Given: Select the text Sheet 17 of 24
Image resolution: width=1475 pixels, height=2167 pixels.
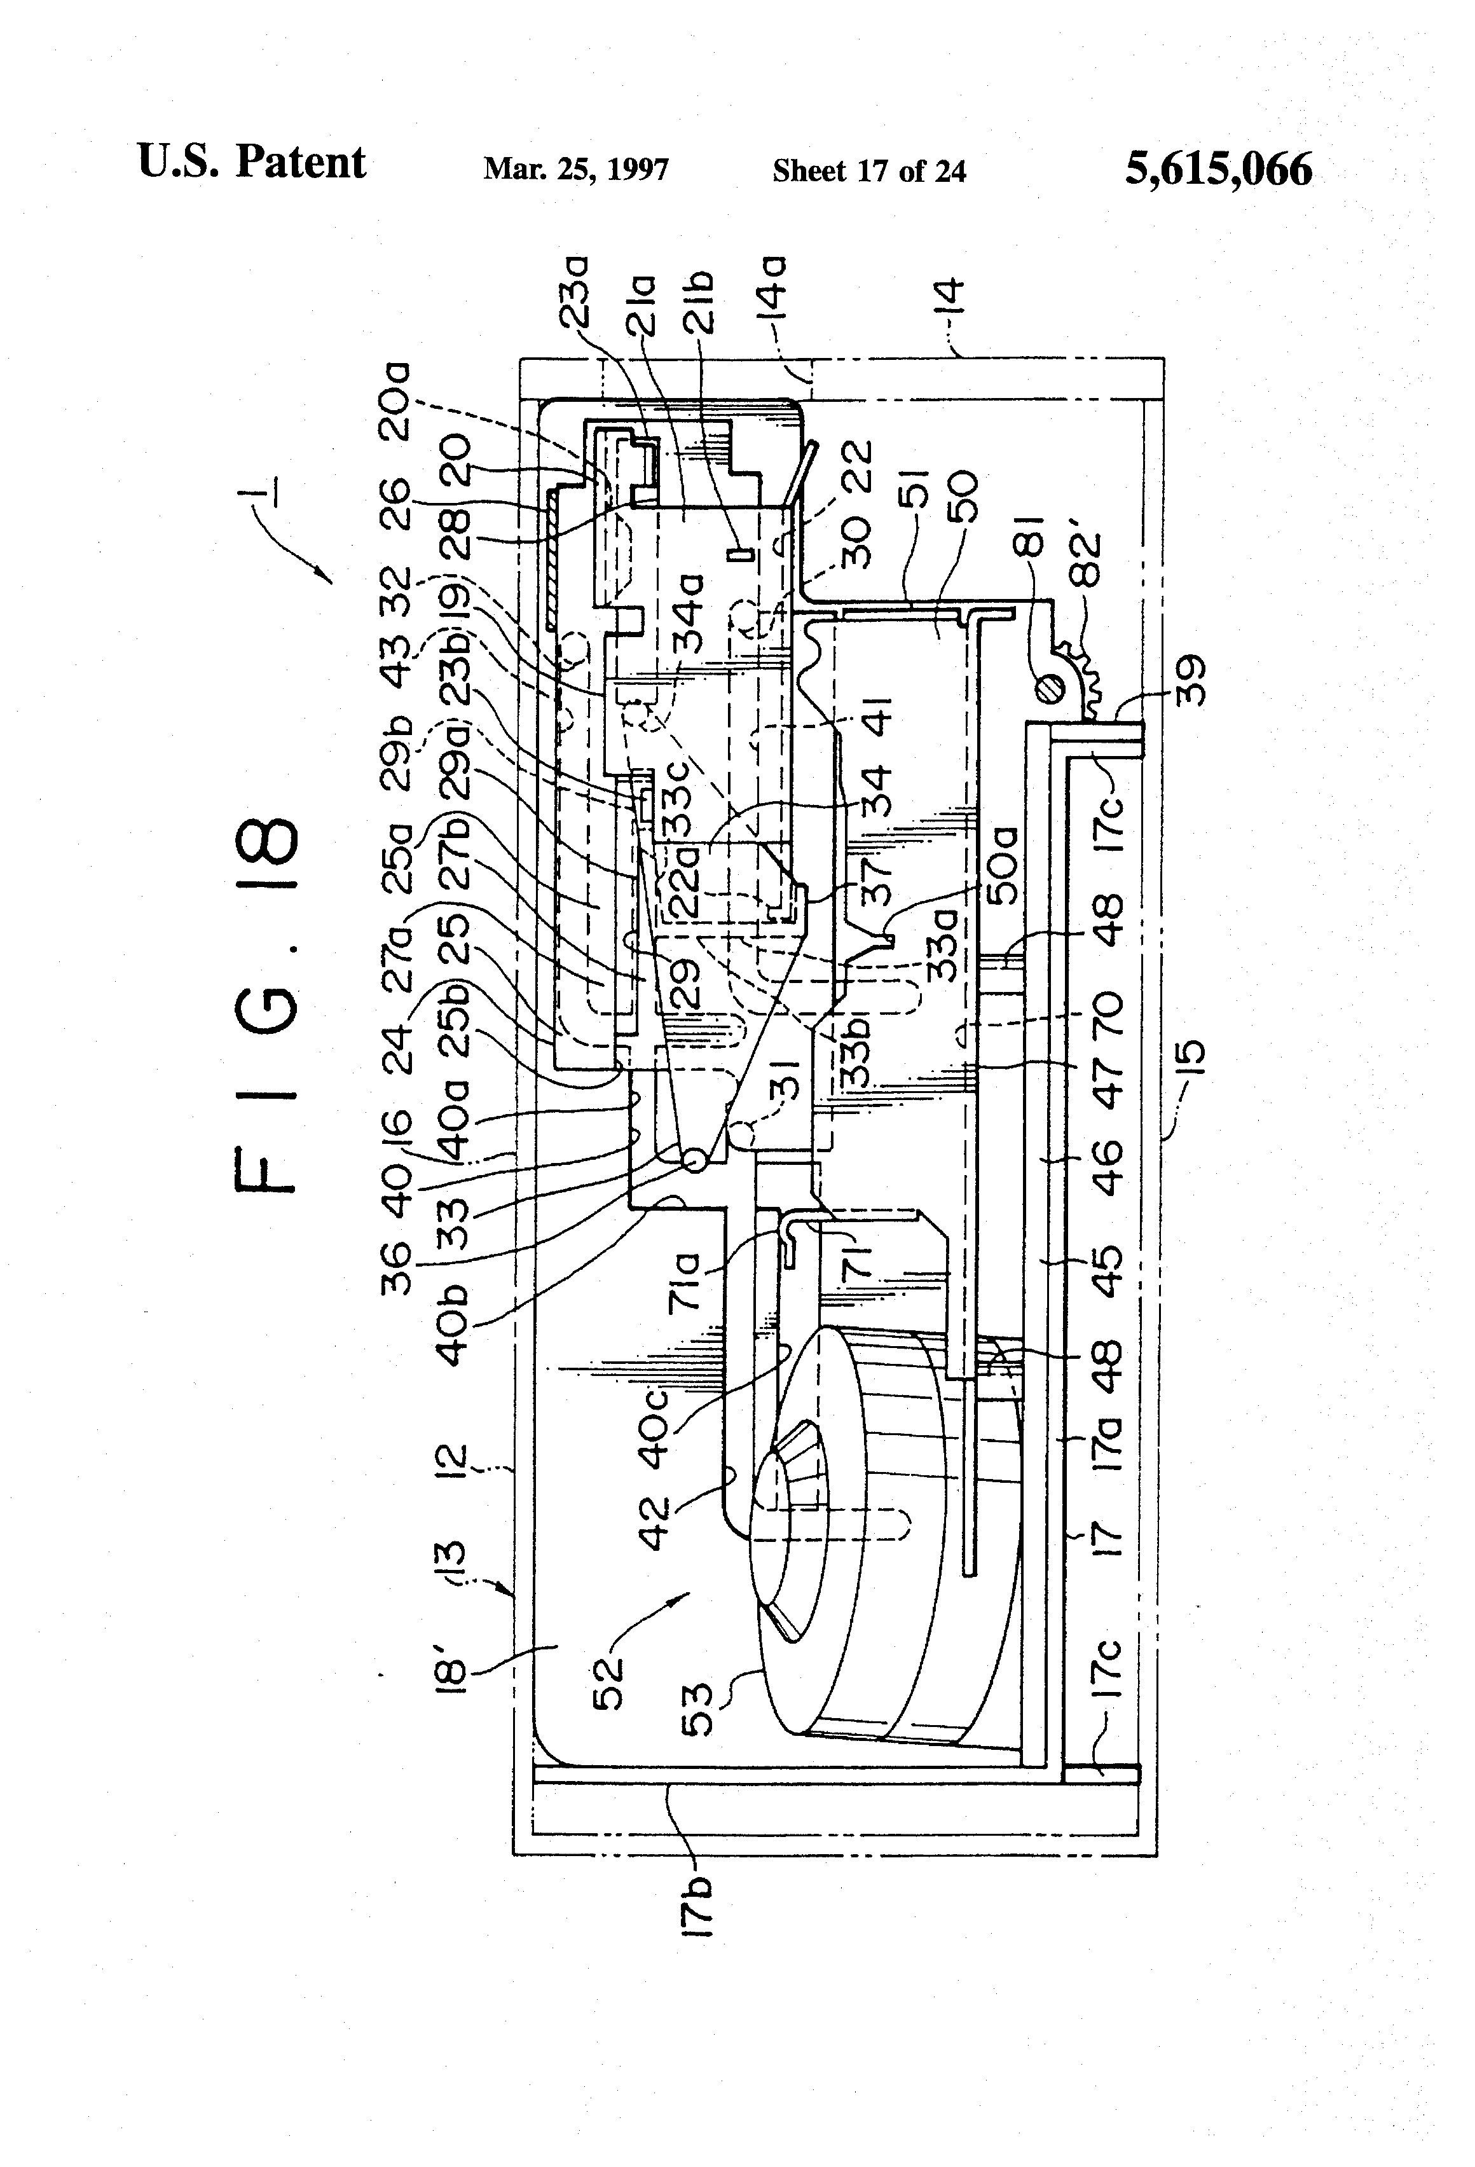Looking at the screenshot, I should pos(869,170).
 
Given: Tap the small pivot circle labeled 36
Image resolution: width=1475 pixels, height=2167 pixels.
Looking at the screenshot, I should pos(695,1161).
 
